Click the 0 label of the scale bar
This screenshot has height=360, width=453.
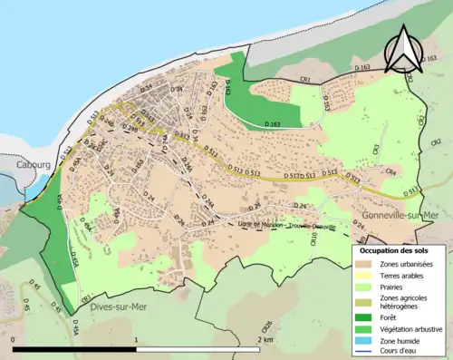14,339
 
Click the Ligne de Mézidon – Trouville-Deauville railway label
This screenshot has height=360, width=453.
270,224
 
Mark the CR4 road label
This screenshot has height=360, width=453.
390,170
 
